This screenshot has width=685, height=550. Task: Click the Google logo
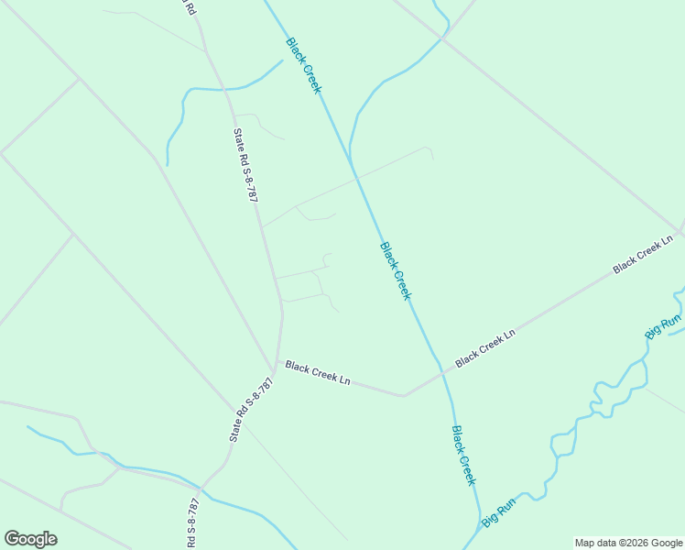pos(30,539)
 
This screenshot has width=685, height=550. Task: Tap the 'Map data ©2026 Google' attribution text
pos(629,543)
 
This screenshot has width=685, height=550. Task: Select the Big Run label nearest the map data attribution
pos(499,511)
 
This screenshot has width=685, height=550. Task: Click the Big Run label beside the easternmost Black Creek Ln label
pos(663,326)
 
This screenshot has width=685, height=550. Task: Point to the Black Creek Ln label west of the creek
pos(318,372)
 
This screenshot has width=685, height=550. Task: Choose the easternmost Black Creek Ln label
pos(643,254)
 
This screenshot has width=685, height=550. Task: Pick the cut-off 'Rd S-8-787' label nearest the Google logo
pos(192,523)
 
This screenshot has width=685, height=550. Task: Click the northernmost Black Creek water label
pos(303,65)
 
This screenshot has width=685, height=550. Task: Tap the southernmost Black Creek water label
pos(464,456)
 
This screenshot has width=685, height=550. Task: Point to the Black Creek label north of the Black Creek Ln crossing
pos(396,270)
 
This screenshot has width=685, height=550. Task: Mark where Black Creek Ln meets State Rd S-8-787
pos(277,362)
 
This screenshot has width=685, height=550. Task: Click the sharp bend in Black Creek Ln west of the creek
pos(404,396)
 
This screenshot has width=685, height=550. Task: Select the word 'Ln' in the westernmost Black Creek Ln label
pos(345,378)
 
